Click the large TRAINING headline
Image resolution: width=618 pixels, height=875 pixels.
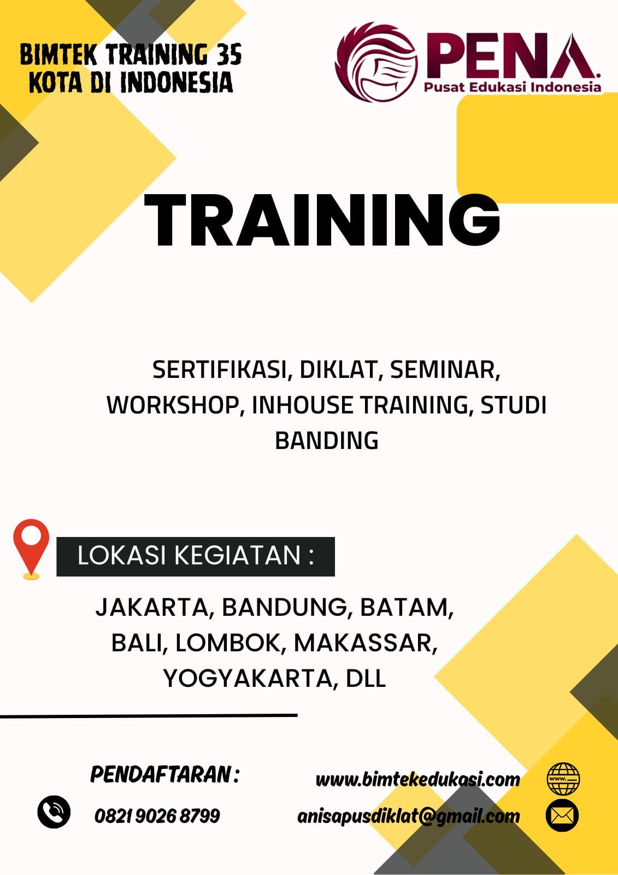point(322,220)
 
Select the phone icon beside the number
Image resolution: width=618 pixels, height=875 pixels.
point(54,812)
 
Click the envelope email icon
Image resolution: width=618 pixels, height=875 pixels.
point(562,815)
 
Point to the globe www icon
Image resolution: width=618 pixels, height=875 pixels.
point(563,779)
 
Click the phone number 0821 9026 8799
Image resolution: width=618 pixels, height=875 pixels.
point(157,815)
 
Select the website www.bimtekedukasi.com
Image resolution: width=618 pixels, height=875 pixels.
point(417,780)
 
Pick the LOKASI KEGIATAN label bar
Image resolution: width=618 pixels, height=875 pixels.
point(196,556)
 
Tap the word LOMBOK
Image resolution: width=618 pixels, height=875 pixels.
point(228,643)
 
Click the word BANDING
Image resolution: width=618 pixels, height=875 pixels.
point(327,441)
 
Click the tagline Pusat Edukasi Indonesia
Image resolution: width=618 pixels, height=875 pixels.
point(513,87)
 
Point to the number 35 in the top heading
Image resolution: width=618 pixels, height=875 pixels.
point(229,54)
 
